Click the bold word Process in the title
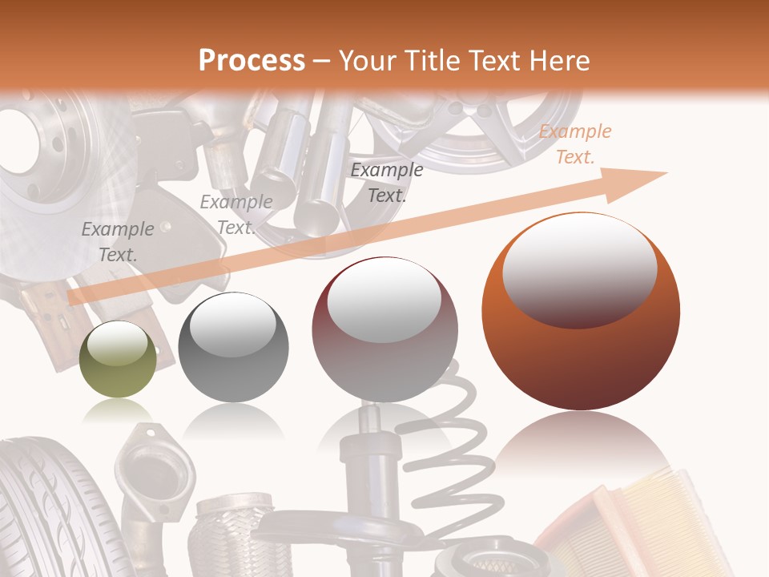[x=252, y=61]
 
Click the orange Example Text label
[x=574, y=144]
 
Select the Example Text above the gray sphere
[x=236, y=215]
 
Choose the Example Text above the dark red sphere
[x=387, y=183]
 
